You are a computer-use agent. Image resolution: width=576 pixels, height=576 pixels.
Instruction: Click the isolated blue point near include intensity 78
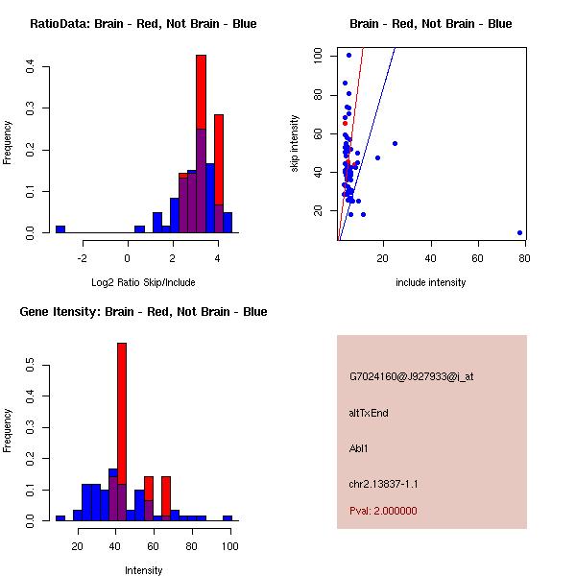[x=519, y=232]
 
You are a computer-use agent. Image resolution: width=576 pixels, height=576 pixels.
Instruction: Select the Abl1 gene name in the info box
[x=359, y=448]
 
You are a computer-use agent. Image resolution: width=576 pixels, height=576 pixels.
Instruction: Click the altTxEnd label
[x=369, y=413]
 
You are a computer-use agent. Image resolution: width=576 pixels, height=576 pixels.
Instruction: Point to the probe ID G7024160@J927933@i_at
[x=411, y=376]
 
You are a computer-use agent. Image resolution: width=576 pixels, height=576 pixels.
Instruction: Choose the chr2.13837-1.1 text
[x=383, y=483]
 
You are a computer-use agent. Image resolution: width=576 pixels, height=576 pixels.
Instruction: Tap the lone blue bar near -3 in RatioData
[x=60, y=229]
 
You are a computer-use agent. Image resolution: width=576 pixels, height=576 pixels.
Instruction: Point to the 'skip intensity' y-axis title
[x=296, y=144]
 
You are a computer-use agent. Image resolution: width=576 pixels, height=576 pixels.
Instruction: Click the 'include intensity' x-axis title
[x=430, y=282]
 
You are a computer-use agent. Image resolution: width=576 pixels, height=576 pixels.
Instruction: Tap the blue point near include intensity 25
[x=395, y=143]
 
